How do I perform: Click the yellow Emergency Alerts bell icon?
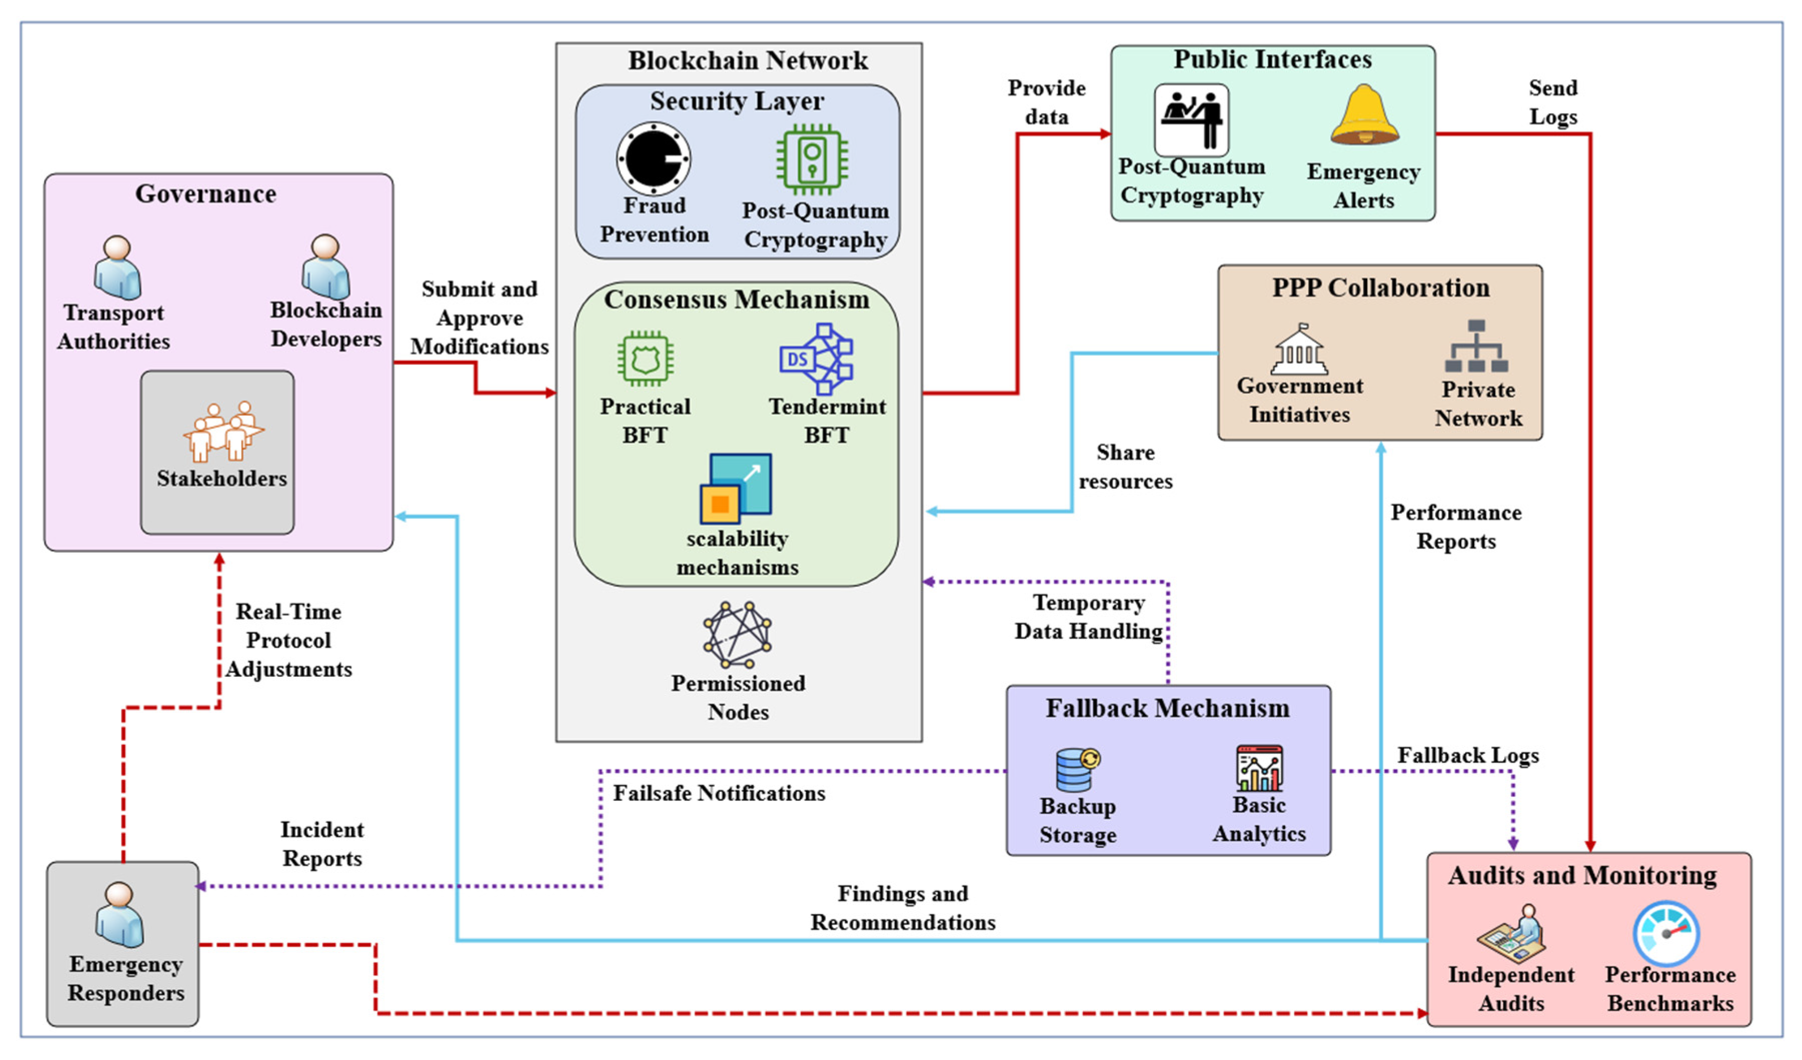coord(1364,116)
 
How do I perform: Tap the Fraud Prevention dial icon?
coord(653,159)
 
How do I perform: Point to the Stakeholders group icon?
coord(223,431)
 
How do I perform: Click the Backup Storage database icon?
coord(1078,769)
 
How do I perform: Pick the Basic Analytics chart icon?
coord(1259,768)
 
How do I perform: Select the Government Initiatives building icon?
coord(1299,351)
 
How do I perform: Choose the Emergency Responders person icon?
coord(120,915)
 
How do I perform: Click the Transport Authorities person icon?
coord(117,268)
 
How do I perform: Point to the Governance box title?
coord(206,194)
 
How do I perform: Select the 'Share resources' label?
coord(1126,467)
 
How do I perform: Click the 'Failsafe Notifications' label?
coord(719,793)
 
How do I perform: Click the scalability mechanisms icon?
coord(736,489)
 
